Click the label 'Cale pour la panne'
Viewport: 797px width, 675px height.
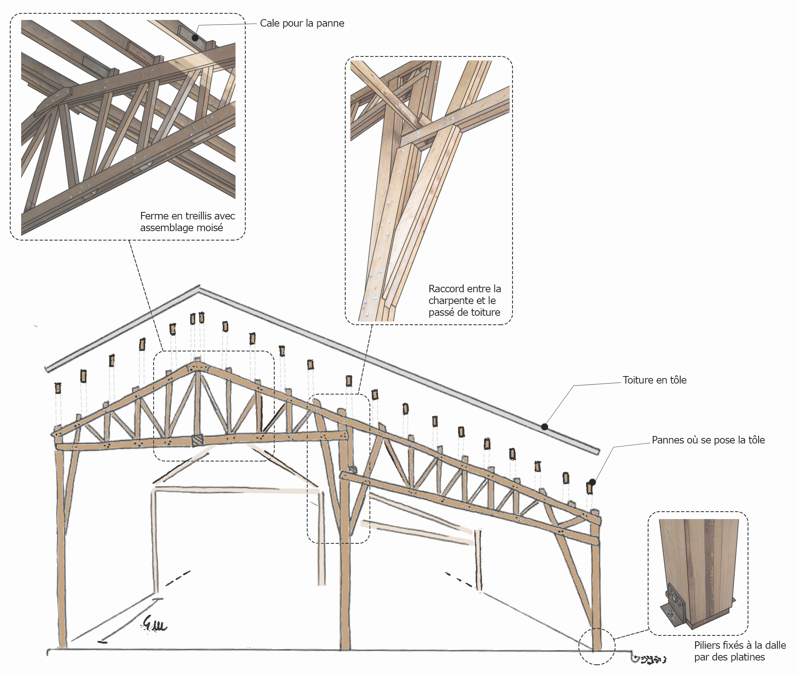pos(302,23)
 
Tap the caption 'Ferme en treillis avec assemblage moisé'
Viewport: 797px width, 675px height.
pos(187,222)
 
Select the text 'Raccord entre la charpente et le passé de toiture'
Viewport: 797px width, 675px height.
pos(464,300)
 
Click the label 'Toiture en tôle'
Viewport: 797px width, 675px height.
pos(654,380)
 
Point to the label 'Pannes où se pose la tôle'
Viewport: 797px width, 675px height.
pos(708,440)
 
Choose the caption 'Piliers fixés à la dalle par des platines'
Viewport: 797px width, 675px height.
pos(740,651)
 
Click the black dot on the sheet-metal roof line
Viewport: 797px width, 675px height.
pos(544,427)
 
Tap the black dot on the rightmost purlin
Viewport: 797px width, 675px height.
pos(592,482)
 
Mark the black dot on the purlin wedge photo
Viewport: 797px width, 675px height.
pos(195,38)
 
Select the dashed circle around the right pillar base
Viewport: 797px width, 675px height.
pos(597,646)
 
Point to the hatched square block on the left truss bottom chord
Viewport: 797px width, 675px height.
pos(197,440)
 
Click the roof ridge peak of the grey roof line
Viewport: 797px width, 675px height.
pos(199,288)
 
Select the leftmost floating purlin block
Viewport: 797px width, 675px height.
pos(58,388)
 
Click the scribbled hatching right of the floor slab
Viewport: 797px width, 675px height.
pos(648,659)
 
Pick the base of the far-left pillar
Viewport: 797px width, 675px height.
pos(63,646)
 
